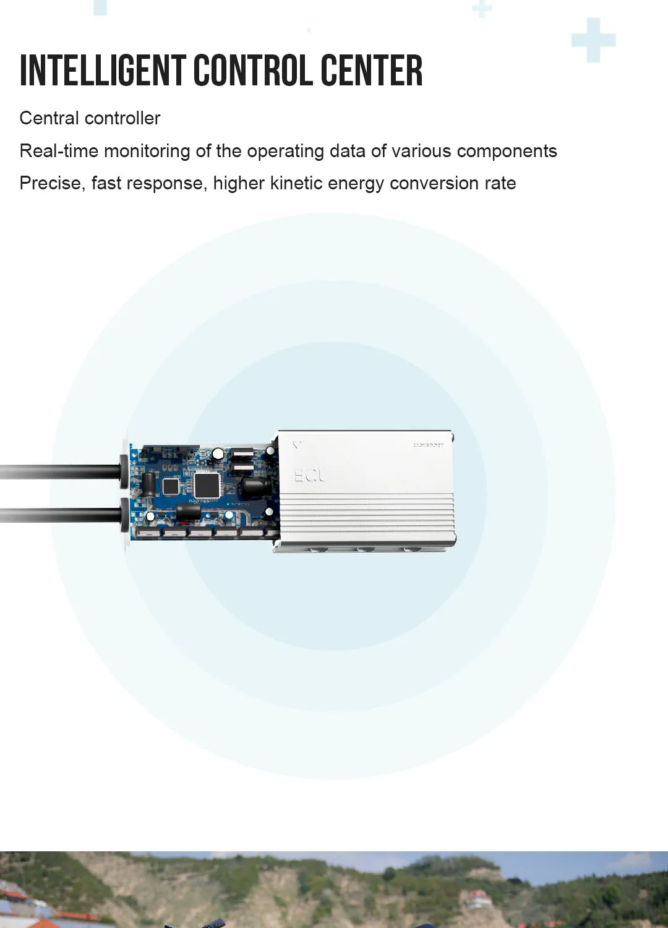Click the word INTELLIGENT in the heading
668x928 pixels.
pos(103,71)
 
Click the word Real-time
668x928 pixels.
pos(59,151)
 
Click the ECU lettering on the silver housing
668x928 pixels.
pos(309,476)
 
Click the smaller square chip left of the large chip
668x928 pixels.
pos(171,486)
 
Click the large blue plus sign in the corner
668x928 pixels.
pos(593,40)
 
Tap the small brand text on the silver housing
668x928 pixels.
pos(428,445)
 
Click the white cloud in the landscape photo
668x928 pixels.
pos(631,861)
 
